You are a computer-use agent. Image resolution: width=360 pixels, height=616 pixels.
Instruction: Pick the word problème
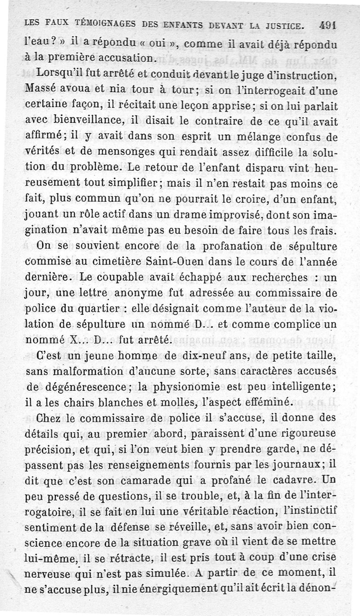click(97, 167)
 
